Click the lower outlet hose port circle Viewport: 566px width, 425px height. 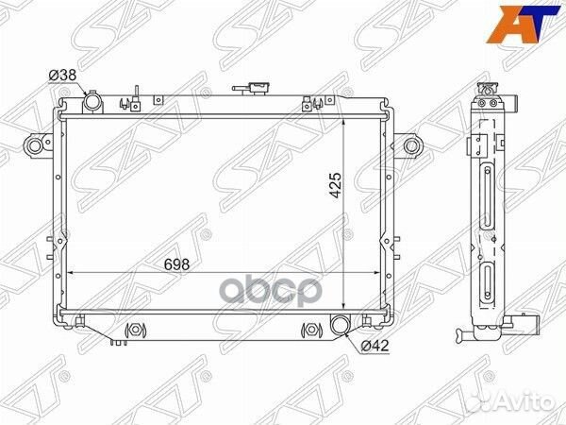click(341, 328)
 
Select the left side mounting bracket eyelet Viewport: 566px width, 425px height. click(36, 145)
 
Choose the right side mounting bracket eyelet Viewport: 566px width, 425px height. click(411, 145)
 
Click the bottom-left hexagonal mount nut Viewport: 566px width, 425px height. click(133, 331)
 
